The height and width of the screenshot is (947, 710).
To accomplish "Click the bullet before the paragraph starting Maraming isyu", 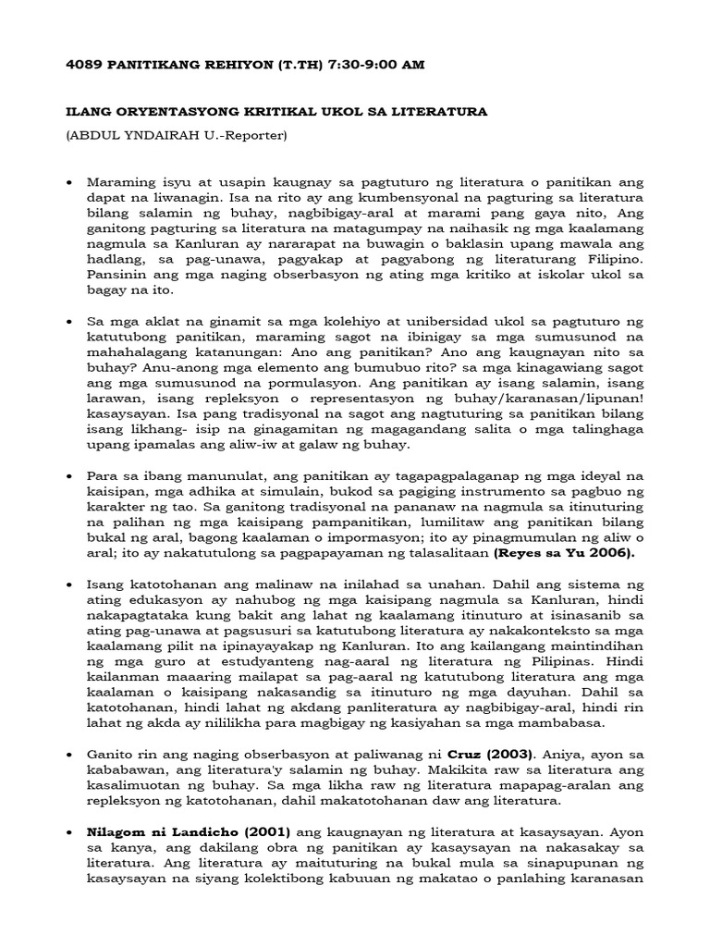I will pos(70,183).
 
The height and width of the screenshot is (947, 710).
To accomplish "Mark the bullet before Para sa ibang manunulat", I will pos(70,475).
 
